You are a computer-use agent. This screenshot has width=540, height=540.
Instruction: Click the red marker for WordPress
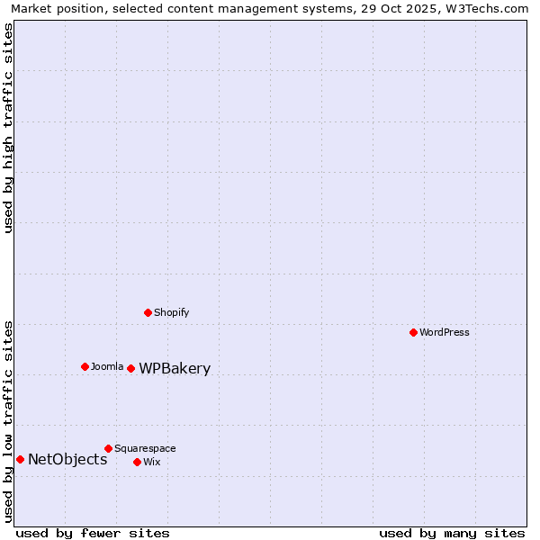tap(413, 332)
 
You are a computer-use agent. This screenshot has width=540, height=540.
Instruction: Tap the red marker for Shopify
tap(148, 312)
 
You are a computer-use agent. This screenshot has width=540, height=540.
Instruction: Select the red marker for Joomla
tap(85, 366)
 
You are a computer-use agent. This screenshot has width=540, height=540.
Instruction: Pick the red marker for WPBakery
tap(130, 368)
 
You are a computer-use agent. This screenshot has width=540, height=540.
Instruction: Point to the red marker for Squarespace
tap(108, 448)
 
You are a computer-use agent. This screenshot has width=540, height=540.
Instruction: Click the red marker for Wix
tap(137, 462)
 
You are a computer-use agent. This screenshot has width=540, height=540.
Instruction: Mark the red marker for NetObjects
tap(20, 459)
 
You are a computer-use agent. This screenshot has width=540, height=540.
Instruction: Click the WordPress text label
tap(445, 332)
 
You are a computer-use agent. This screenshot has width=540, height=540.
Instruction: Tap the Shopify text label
tap(171, 312)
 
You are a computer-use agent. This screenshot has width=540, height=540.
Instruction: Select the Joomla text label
tap(107, 366)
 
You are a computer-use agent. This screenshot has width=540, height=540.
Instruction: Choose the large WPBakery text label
tap(175, 368)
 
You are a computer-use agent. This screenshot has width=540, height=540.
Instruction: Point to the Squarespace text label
tap(145, 448)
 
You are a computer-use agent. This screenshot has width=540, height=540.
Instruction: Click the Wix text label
tap(151, 462)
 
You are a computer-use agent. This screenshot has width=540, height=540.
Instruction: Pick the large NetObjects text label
tap(67, 459)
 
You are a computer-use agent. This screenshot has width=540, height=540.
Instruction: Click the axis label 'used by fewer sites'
tap(93, 533)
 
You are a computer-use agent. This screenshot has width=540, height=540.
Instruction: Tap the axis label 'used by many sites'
tap(452, 533)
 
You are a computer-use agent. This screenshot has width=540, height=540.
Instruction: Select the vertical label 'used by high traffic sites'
tap(8, 128)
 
